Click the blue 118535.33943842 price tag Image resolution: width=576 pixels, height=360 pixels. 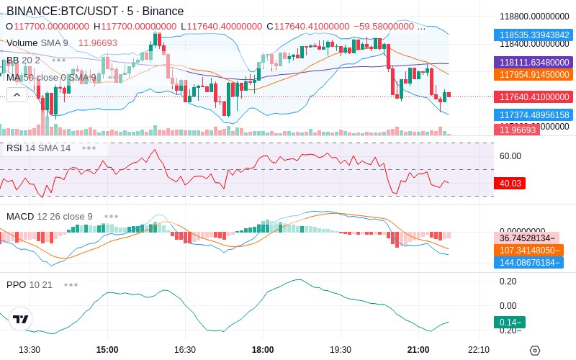pyautogui.click(x=532, y=35)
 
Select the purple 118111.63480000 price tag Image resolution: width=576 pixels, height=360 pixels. pyautogui.click(x=532, y=63)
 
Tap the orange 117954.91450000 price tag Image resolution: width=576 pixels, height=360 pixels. pyautogui.click(x=532, y=74)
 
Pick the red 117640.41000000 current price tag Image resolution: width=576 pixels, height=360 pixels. pyautogui.click(x=532, y=96)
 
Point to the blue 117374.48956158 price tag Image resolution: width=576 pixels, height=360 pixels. pyautogui.click(x=532, y=114)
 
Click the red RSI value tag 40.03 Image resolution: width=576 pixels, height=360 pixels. pyautogui.click(x=510, y=184)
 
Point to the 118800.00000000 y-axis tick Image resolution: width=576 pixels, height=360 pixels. pyautogui.click(x=534, y=16)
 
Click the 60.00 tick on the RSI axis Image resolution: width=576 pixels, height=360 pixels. pyautogui.click(x=510, y=156)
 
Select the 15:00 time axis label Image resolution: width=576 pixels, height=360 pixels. pyautogui.click(x=107, y=349)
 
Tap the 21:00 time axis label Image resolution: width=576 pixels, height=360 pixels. pyautogui.click(x=418, y=349)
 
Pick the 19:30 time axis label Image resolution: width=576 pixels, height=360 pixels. pyautogui.click(x=341, y=349)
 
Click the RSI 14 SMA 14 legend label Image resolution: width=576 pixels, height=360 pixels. pyautogui.click(x=39, y=148)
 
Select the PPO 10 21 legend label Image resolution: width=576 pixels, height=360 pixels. pyautogui.click(x=30, y=284)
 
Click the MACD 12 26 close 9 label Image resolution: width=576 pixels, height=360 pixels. pyautogui.click(x=50, y=216)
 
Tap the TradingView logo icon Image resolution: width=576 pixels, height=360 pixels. pyautogui.click(x=21, y=319)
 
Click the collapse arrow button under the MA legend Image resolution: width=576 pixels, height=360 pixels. pyautogui.click(x=17, y=94)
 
